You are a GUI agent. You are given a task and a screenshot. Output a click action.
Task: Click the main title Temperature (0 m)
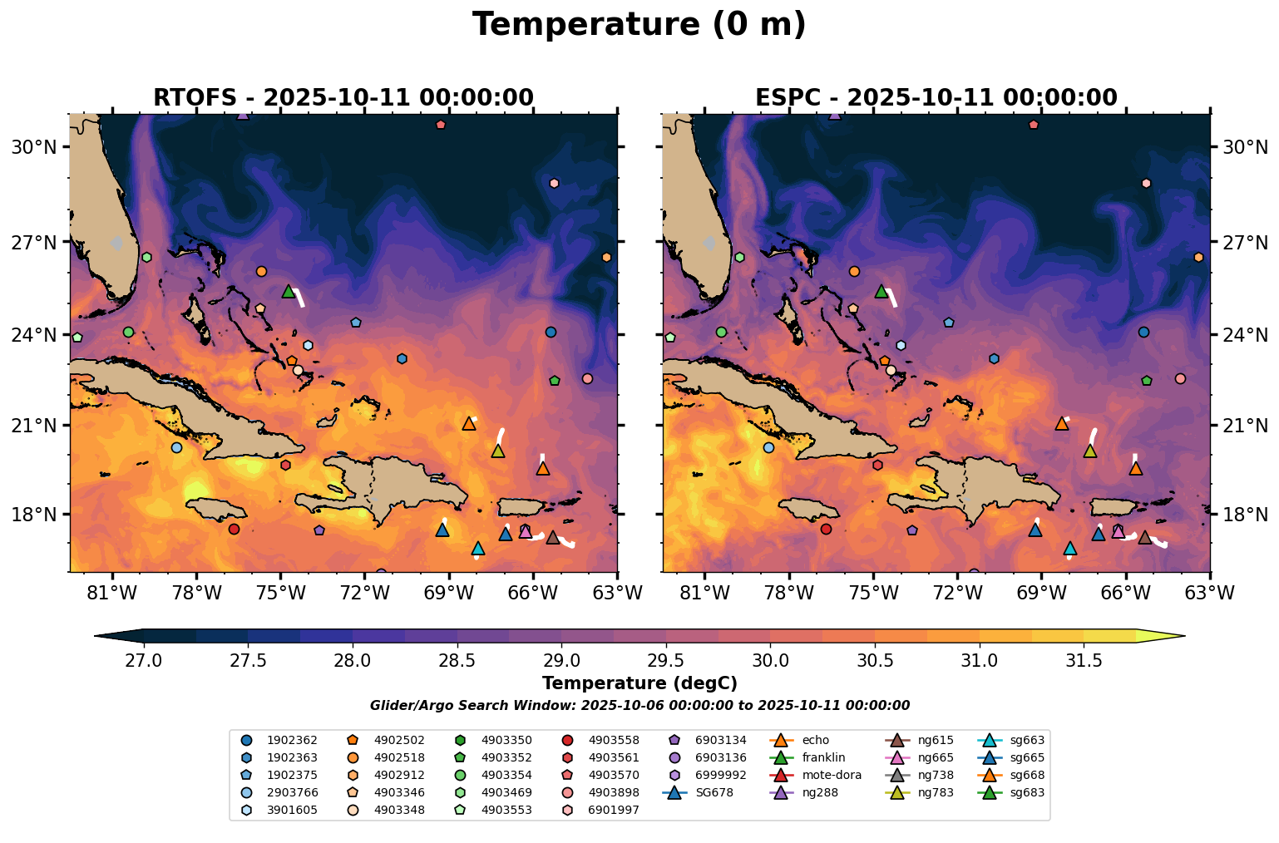point(639,25)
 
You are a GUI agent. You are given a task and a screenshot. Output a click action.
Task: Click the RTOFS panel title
point(343,98)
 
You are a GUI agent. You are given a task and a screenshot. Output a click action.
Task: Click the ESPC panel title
point(936,98)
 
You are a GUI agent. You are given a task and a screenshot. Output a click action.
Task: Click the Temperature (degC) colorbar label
point(639,683)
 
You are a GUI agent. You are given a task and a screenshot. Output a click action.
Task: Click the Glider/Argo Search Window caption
point(639,706)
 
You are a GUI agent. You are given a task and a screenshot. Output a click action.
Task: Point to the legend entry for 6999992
point(720,775)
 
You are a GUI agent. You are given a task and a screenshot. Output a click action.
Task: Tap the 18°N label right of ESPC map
point(1244,515)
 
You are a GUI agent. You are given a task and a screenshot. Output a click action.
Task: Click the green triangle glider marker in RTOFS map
point(289,291)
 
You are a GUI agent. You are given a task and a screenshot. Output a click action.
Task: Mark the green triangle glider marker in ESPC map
point(881,291)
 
